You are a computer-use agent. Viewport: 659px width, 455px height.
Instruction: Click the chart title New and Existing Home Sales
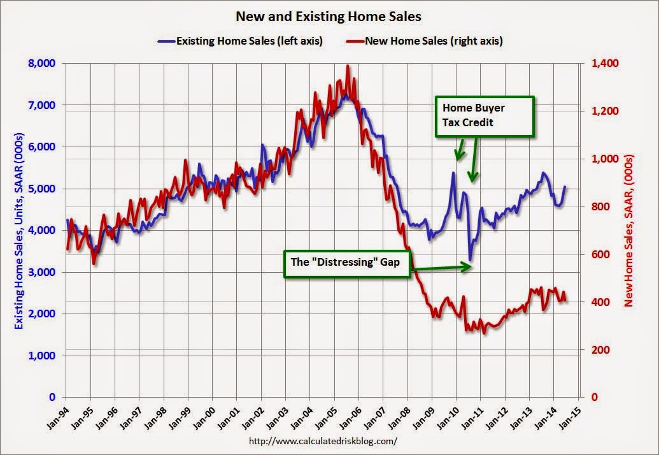click(329, 15)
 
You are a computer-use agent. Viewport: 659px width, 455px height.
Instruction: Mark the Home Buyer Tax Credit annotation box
click(485, 116)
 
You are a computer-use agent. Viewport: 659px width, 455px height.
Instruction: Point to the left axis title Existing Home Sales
click(19, 230)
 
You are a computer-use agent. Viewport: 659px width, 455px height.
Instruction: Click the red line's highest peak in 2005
click(347, 66)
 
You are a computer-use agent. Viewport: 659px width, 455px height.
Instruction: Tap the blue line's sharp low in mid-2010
click(470, 260)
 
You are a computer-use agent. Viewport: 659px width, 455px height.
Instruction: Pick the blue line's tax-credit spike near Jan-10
click(453, 173)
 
